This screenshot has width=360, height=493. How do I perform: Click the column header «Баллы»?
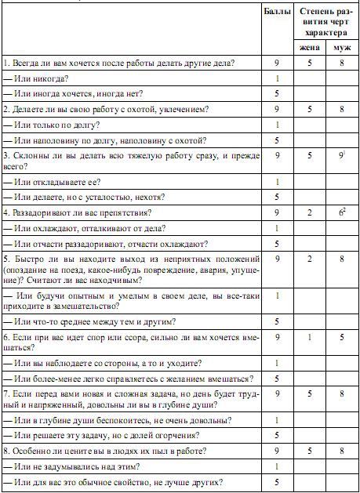click(x=278, y=13)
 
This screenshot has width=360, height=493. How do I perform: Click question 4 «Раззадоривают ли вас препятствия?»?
click(x=77, y=212)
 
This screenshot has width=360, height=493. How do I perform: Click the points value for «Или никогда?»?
click(x=278, y=78)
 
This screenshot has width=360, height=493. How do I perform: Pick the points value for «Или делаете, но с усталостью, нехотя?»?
click(x=278, y=197)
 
